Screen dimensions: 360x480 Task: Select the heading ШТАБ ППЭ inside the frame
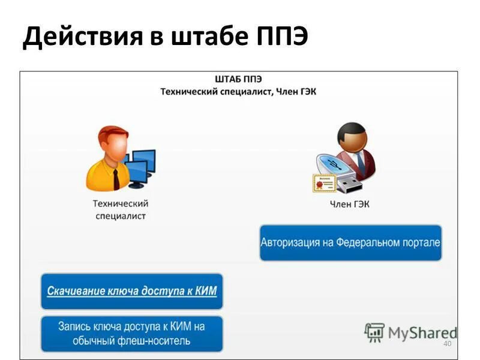click(238, 79)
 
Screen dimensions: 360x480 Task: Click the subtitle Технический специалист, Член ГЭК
click(238, 91)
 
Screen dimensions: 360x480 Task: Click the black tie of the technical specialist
click(115, 178)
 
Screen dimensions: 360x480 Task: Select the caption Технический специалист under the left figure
click(121, 210)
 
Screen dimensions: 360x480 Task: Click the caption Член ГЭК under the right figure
click(350, 205)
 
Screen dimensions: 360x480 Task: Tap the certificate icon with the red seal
click(324, 182)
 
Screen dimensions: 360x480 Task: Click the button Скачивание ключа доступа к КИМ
click(132, 291)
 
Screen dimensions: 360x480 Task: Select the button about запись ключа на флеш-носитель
click(132, 334)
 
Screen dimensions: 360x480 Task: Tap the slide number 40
click(446, 344)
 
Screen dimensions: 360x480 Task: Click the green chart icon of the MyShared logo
click(374, 332)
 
